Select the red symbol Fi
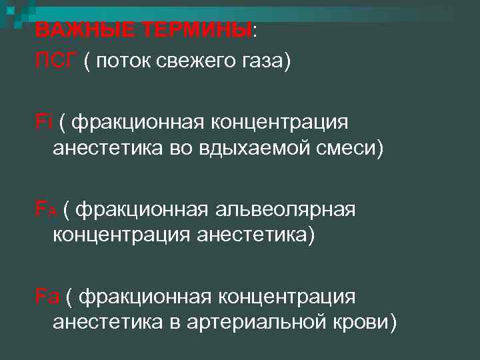[x=44, y=122]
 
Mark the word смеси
[x=353, y=149]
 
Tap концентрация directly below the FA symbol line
[x=121, y=235]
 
